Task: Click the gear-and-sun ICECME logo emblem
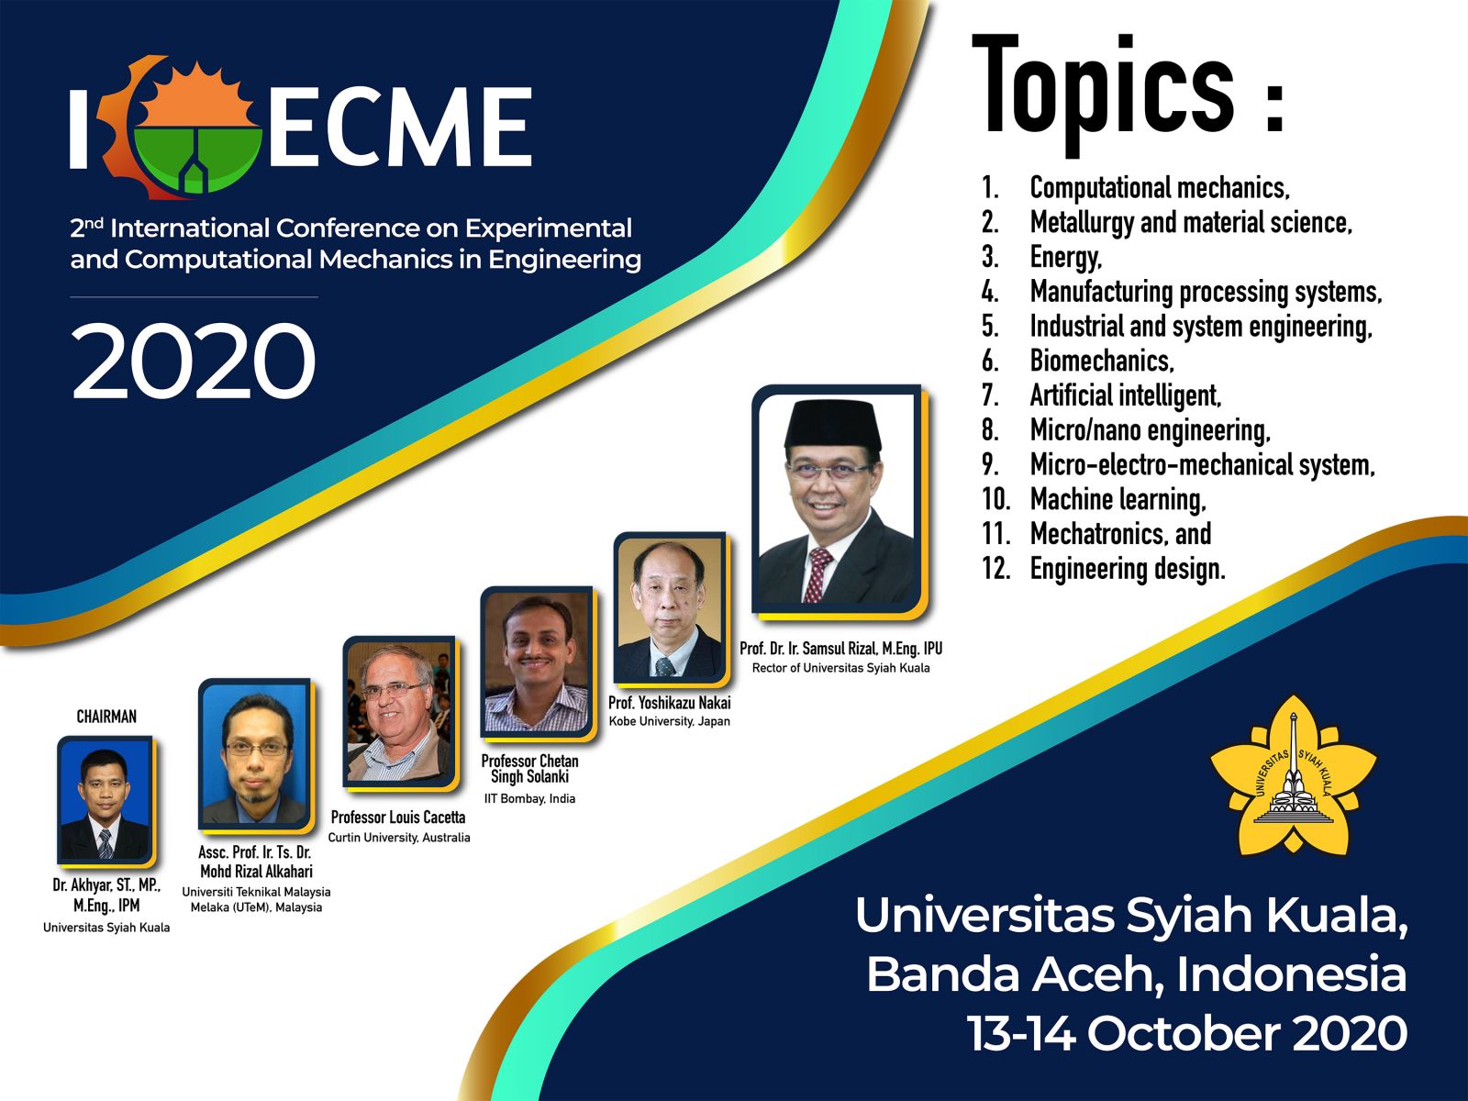181,127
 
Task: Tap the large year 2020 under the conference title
194,361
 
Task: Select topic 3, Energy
1065,258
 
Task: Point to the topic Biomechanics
1102,361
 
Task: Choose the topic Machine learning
1118,499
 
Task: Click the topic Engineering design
1128,569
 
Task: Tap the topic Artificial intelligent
1125,395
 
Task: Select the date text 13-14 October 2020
1187,1033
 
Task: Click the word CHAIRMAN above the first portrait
106,717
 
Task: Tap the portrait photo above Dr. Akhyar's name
105,800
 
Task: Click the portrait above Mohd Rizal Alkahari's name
255,755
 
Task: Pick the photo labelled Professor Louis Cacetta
399,712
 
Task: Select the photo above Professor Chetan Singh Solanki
537,662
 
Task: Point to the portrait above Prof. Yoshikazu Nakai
670,608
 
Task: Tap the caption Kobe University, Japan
670,721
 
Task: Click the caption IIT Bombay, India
529,799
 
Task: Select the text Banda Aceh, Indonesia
1137,974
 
